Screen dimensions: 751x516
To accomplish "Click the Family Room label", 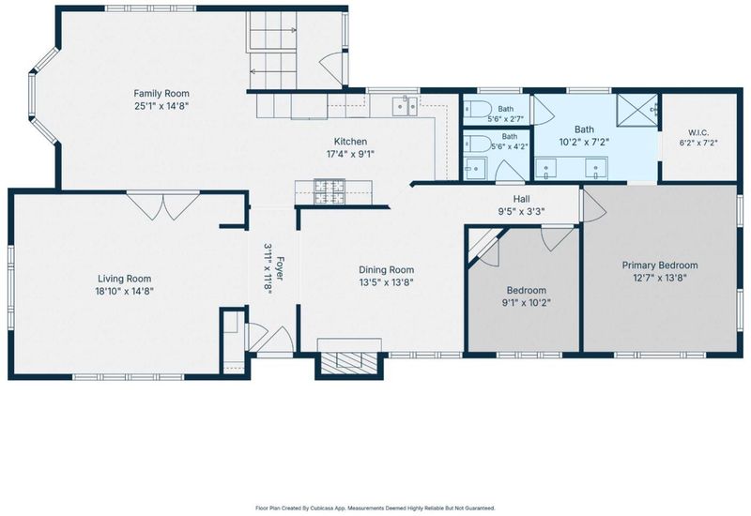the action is tap(161, 93).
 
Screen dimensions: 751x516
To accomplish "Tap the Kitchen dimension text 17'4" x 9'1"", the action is tap(350, 154).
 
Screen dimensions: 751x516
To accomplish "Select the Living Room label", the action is tap(125, 279).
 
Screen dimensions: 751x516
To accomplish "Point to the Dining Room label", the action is tap(387, 270).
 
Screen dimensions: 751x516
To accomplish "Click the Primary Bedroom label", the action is tap(660, 266).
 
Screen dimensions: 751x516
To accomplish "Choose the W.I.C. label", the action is tap(698, 132).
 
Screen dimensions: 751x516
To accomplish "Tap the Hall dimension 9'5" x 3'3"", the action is tap(522, 211).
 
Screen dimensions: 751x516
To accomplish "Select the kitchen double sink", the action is tap(406, 106).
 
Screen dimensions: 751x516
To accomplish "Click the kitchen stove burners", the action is tap(330, 192).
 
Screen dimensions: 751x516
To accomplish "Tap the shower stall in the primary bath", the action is tap(636, 110).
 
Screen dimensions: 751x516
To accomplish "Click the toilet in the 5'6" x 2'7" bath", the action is tap(476, 109).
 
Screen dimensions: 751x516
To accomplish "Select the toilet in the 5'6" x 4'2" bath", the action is tap(477, 144).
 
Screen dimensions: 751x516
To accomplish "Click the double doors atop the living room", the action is tap(163, 205).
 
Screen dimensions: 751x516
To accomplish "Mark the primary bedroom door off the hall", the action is tap(593, 205).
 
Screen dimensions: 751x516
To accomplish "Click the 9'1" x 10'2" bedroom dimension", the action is tap(527, 302).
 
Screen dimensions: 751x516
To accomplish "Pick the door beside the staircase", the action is tap(331, 69).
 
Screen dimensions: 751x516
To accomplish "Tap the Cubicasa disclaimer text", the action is tap(375, 508).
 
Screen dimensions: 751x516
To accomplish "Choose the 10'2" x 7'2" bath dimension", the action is tap(584, 142).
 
